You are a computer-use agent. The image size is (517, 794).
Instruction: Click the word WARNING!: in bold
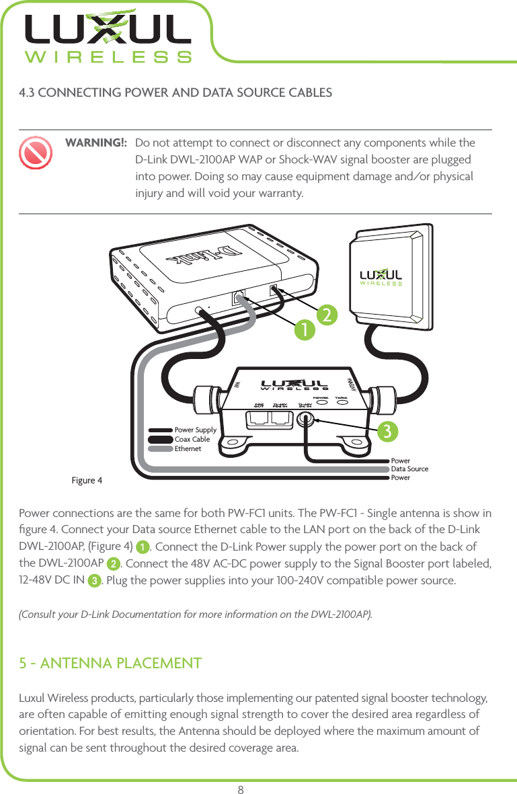coord(95,144)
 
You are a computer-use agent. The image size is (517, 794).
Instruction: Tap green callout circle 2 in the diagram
coord(327,314)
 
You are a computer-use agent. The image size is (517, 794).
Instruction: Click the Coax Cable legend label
coord(192,439)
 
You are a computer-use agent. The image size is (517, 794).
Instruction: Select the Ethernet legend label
coord(188,448)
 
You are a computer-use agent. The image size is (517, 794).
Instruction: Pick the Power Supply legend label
coord(195,430)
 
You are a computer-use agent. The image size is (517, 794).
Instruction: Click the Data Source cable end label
coord(409,469)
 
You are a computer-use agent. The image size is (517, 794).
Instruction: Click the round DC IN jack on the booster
coord(307,420)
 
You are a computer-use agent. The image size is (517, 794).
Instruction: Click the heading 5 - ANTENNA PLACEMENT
coord(111,664)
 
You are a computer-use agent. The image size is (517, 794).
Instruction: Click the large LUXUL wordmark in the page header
coord(108,30)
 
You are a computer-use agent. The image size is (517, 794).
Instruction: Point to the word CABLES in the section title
coord(307,92)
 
